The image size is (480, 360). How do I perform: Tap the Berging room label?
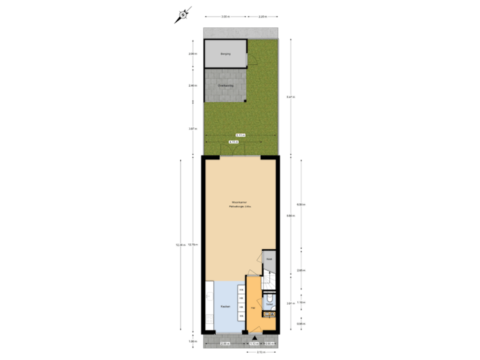pyautogui.click(x=225, y=53)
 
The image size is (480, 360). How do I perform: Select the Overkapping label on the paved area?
pyautogui.click(x=225, y=85)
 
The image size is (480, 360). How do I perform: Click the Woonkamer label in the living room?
pyautogui.click(x=240, y=201)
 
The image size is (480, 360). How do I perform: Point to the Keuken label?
pyautogui.click(x=225, y=307)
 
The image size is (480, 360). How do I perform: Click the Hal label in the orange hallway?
pyautogui.click(x=253, y=308)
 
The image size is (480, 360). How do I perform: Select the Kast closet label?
pyautogui.click(x=269, y=259)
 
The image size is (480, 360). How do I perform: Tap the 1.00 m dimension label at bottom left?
pyautogui.click(x=192, y=341)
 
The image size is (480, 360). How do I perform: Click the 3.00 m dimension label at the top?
pyautogui.click(x=225, y=16)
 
